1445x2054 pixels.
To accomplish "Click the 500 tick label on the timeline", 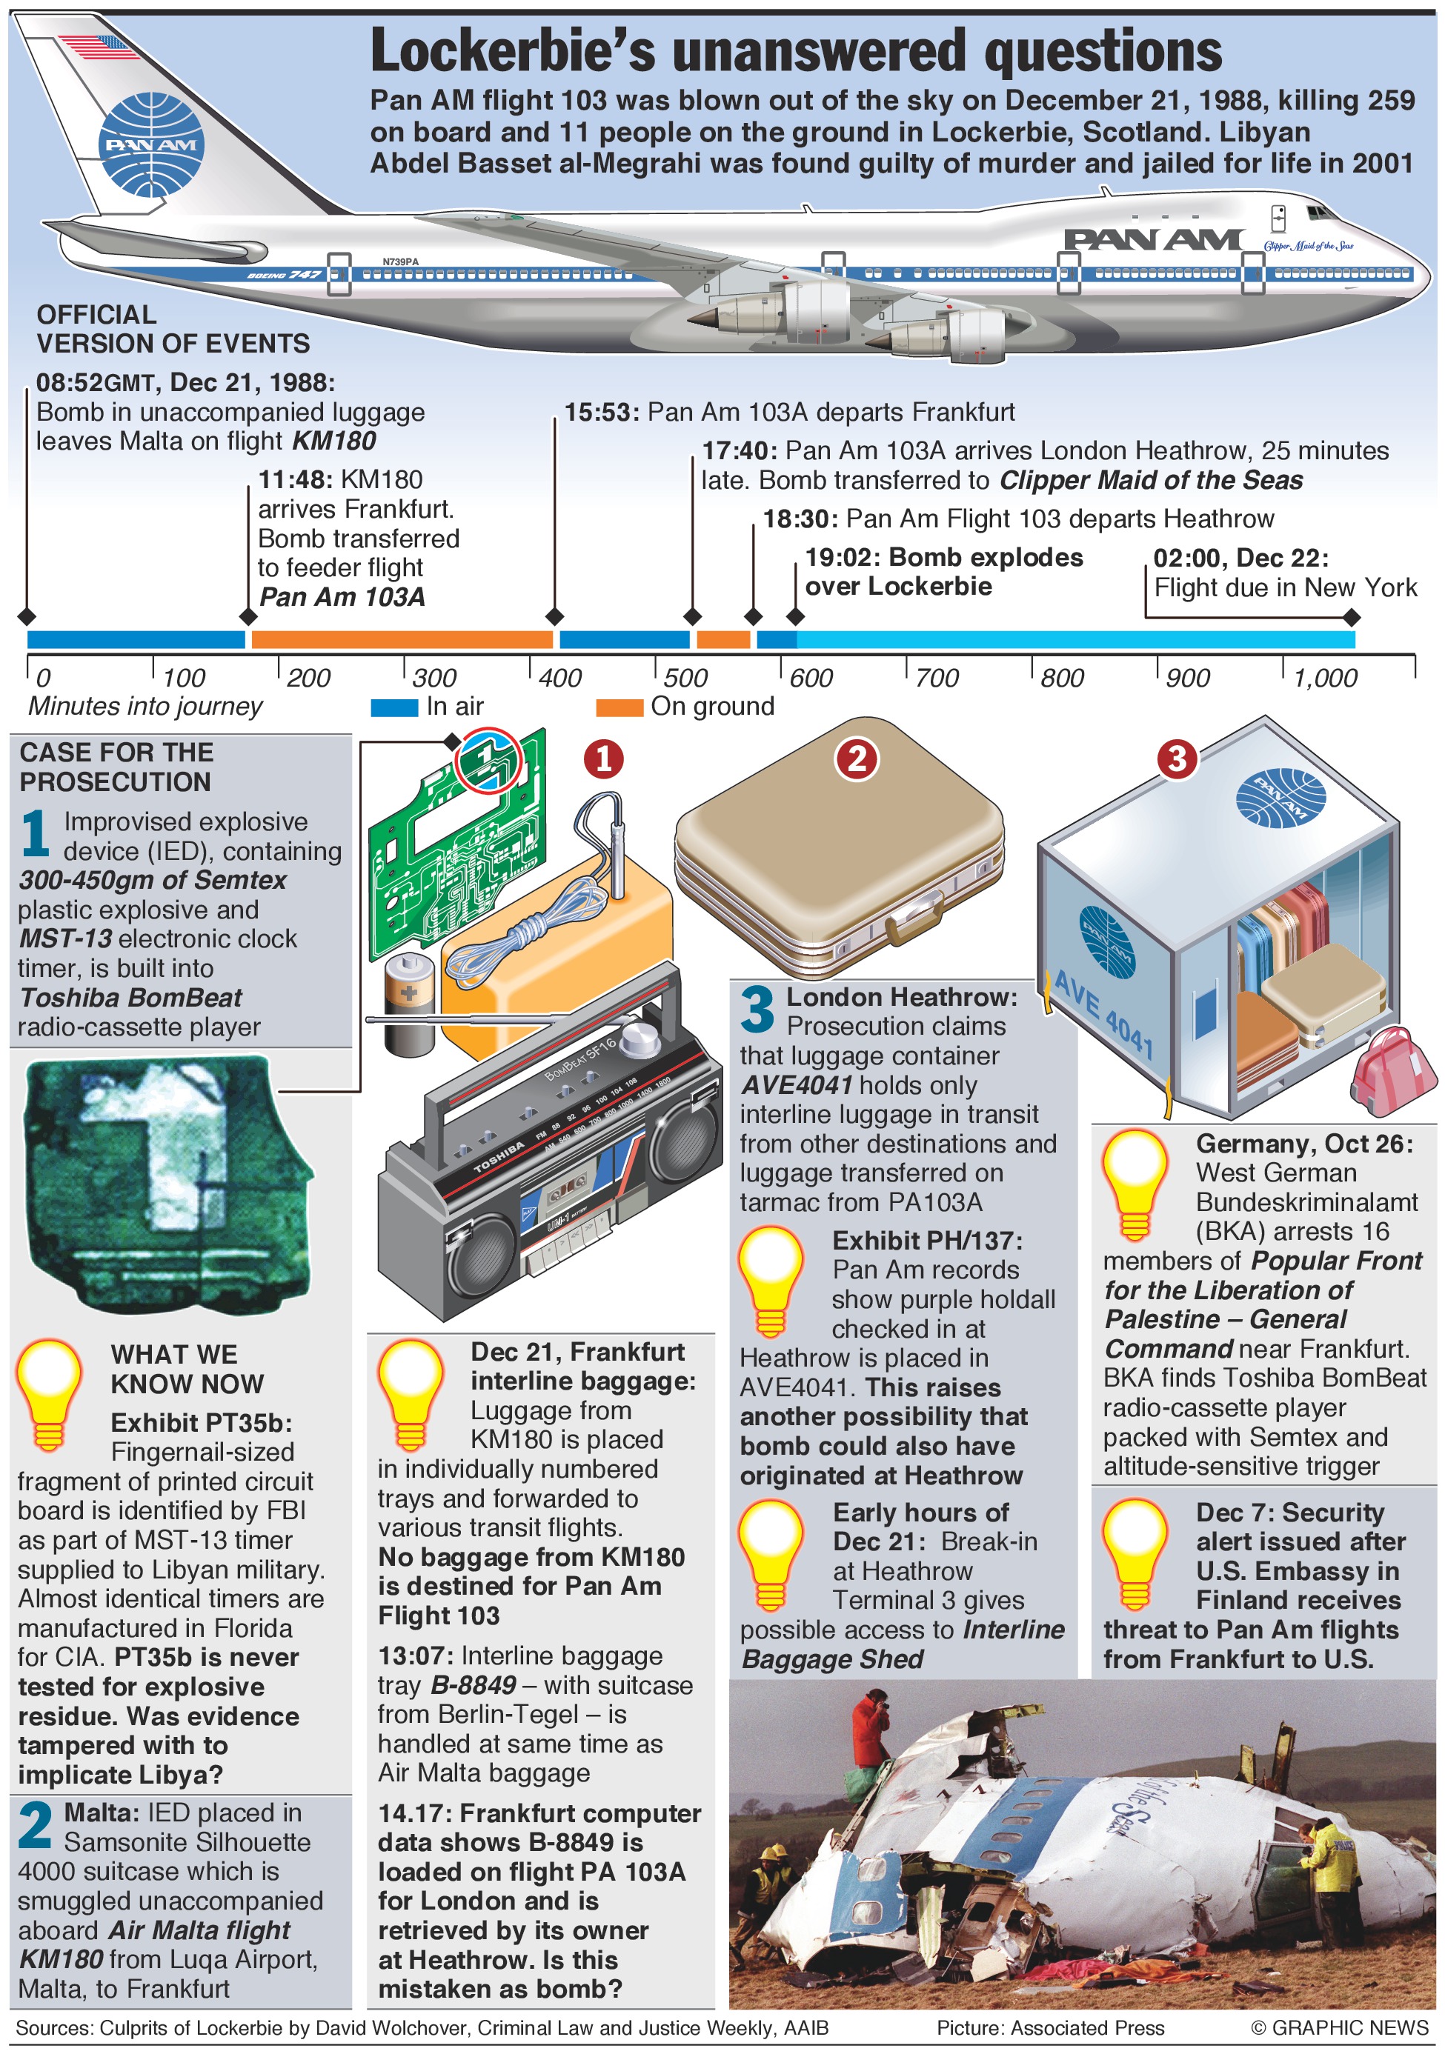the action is click(685, 677).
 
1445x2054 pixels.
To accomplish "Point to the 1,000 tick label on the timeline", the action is click(1325, 677).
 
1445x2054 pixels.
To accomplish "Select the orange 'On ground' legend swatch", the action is click(619, 707).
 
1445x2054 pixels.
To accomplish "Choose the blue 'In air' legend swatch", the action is click(394, 707).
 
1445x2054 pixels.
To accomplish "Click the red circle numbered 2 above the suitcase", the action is click(857, 758).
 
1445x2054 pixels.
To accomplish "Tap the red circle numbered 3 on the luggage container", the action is click(1177, 758).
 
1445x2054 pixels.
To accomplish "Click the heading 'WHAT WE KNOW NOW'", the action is click(187, 1369).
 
